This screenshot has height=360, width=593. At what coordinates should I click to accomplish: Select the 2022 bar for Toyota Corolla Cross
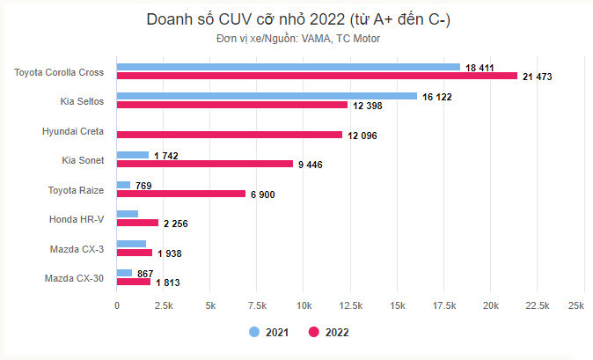pyautogui.click(x=318, y=77)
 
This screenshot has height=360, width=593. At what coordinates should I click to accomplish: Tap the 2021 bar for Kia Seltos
pyautogui.click(x=267, y=96)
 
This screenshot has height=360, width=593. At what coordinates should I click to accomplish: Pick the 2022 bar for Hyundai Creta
pyautogui.click(x=230, y=135)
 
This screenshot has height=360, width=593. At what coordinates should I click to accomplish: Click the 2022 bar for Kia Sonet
pyautogui.click(x=205, y=164)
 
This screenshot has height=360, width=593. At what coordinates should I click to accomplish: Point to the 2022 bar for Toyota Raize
pyautogui.click(x=181, y=194)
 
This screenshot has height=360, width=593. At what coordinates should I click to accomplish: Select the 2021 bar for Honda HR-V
pyautogui.click(x=128, y=214)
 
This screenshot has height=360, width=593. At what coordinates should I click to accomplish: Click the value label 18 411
pyautogui.click(x=484, y=67)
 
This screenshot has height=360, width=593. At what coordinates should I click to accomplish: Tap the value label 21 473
pyautogui.click(x=542, y=77)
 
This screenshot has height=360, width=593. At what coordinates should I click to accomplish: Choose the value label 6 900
pyautogui.click(x=262, y=195)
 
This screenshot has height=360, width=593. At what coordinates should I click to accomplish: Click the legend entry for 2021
pyautogui.click(x=266, y=333)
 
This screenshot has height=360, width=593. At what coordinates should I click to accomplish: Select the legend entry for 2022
pyautogui.click(x=328, y=333)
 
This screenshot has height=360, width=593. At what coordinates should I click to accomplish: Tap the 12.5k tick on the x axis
pyautogui.click(x=351, y=305)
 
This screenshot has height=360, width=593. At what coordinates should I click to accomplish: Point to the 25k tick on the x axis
pyautogui.click(x=576, y=305)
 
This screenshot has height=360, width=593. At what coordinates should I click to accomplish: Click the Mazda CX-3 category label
pyautogui.click(x=77, y=249)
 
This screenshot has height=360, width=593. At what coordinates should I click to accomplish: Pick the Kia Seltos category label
pyautogui.click(x=84, y=101)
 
